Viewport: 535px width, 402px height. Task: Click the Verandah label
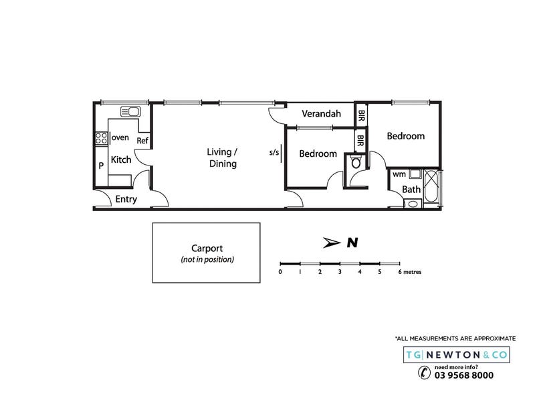321,113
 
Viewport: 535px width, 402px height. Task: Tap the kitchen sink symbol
130,111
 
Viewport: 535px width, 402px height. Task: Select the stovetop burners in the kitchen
102,138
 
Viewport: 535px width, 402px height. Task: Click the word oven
120,137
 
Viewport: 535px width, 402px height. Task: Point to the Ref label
142,141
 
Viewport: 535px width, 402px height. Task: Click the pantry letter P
101,165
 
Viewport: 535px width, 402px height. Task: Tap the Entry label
126,199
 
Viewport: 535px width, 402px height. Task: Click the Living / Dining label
222,157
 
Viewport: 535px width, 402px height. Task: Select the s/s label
274,152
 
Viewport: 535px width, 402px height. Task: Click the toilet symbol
356,161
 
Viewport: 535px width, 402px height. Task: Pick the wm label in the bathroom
399,174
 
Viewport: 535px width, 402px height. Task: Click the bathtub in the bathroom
431,186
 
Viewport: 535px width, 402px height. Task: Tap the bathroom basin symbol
413,204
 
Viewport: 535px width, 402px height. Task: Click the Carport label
207,248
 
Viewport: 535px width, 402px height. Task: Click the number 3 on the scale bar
340,272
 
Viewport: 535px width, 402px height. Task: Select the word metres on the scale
412,272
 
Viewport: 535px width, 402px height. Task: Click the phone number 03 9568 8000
463,375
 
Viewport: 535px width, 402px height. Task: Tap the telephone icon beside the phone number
425,373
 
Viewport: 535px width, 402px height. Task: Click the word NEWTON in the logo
453,355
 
